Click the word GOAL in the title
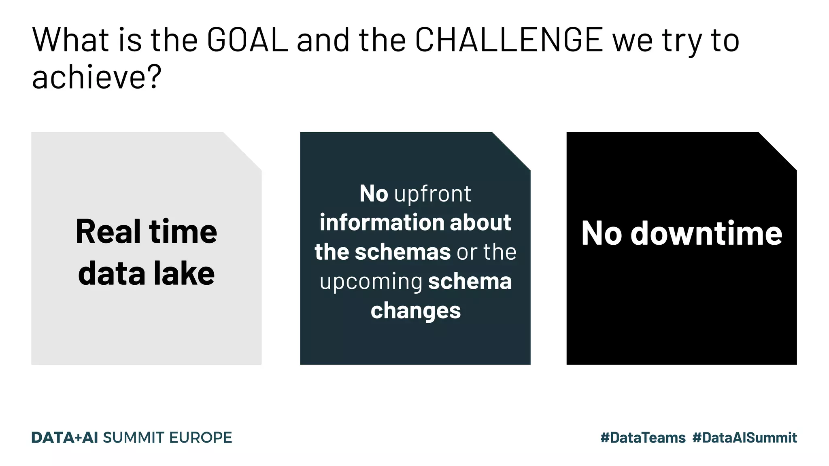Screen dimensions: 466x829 tap(247, 40)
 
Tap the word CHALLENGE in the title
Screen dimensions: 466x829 tap(509, 40)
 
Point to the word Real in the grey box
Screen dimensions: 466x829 tap(108, 232)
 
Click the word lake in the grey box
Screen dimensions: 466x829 tap(184, 273)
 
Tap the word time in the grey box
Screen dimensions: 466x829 tap(183, 232)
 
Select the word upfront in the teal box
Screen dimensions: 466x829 tap(433, 194)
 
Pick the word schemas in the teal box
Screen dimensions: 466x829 tap(403, 252)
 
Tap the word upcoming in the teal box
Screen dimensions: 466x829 tap(371, 282)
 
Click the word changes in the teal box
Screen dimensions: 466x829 tap(416, 311)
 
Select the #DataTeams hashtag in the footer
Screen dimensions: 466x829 tap(643, 438)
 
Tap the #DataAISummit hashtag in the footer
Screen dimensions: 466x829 tap(744, 438)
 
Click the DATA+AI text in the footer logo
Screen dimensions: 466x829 tap(65, 438)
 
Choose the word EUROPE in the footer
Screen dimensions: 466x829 tap(200, 438)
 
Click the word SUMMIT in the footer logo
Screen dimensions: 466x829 tap(134, 438)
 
